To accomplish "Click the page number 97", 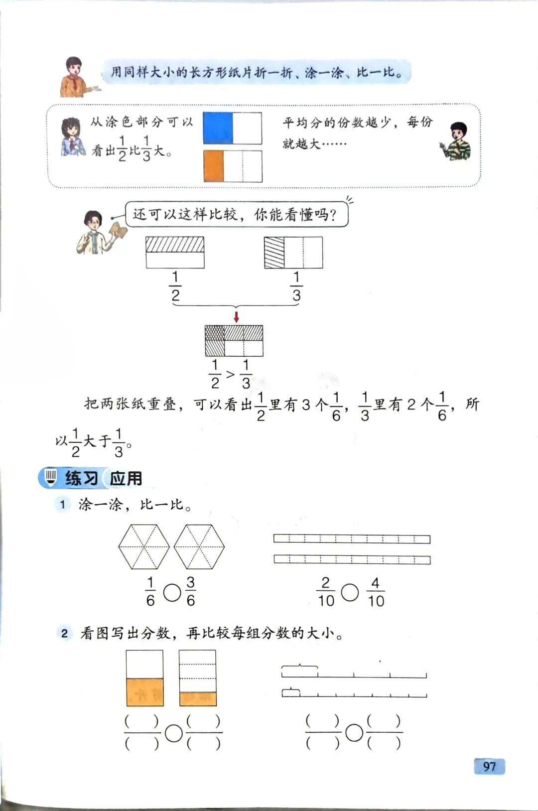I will [489, 766].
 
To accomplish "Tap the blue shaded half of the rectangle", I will [218, 128].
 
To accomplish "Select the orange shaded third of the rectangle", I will [214, 166].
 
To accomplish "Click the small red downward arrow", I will [236, 317].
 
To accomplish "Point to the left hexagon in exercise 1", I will [144, 546].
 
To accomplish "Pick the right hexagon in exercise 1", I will [199, 546].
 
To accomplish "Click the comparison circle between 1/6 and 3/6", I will [172, 592].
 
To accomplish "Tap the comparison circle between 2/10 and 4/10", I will [350, 592].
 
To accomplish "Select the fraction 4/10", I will [376, 592].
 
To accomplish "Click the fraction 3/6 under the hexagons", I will [190, 592].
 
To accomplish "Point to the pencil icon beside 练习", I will [50, 477].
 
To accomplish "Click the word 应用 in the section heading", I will [126, 478].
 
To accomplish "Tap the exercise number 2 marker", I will [64, 633].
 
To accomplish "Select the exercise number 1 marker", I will [63, 505].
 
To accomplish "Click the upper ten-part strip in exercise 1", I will [352, 539].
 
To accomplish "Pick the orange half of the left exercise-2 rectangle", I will [145, 692].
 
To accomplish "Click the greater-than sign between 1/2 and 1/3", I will [230, 374].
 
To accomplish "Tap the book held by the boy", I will [120, 231].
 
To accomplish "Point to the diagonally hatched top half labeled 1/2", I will [175, 245].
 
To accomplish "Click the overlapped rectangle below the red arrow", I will [234, 341].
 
